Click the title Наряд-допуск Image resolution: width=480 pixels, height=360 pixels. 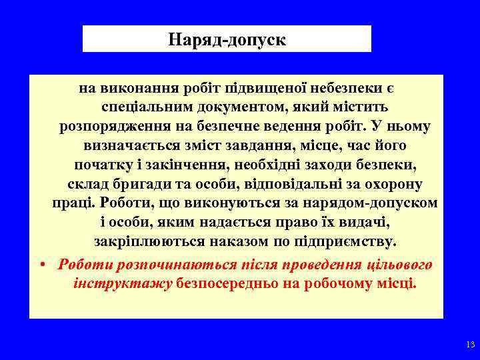click(x=227, y=40)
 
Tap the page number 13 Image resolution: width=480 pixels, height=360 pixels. click(x=468, y=345)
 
